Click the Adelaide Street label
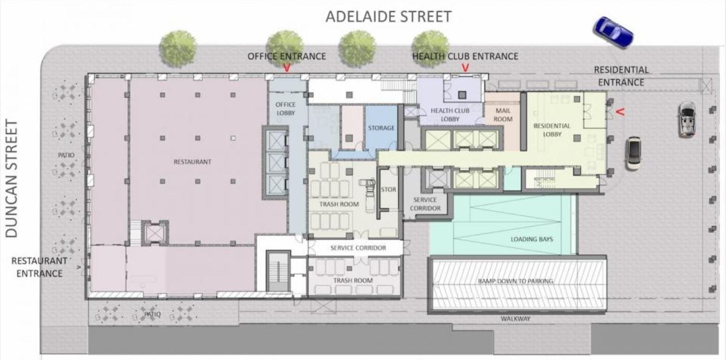point(388,17)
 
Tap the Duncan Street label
point(12,179)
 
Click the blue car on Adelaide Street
point(613,33)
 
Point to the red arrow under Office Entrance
point(287,67)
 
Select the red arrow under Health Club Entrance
point(465,67)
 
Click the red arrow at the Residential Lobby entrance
point(620,112)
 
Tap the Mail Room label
point(503,115)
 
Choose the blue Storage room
point(381,128)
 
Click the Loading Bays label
point(532,239)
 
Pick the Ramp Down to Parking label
point(516,281)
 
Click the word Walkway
point(516,319)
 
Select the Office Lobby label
point(286,109)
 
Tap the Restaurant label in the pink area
point(192,161)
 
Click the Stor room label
point(388,190)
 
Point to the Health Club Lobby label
point(450,115)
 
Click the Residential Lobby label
point(552,130)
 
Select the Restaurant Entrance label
point(39,267)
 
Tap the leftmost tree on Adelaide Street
point(178,49)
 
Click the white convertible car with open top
point(687,119)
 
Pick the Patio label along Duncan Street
point(66,155)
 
